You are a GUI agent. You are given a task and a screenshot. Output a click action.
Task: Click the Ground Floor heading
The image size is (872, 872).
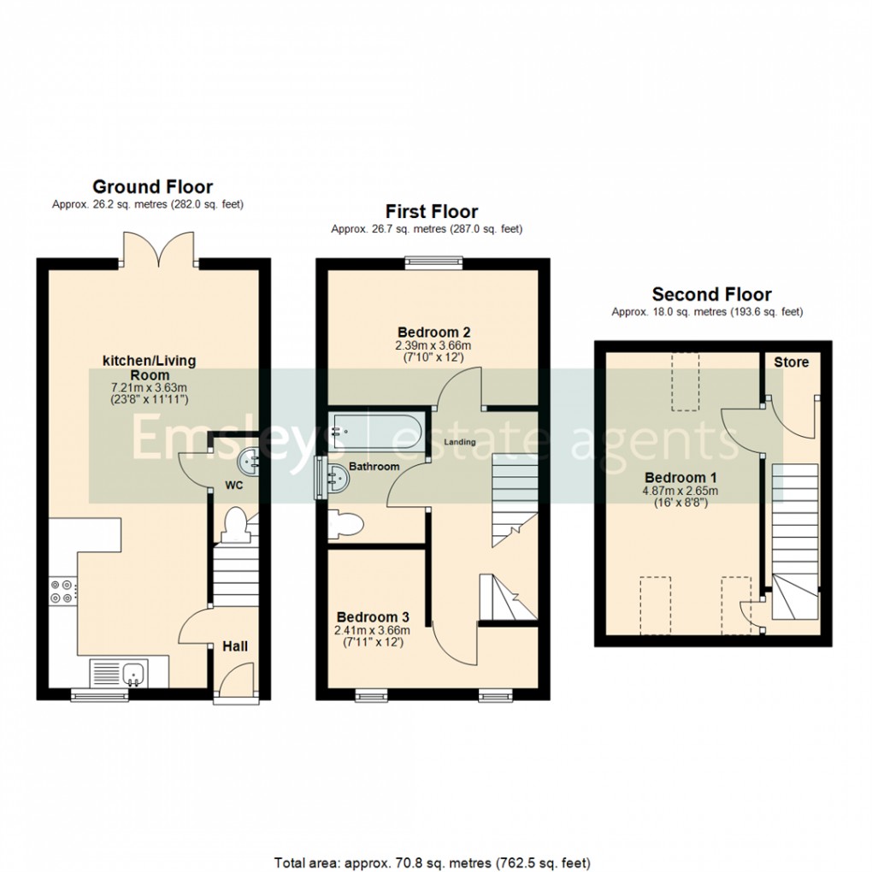click(x=152, y=186)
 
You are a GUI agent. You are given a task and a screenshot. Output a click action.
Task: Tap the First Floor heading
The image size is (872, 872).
click(x=431, y=211)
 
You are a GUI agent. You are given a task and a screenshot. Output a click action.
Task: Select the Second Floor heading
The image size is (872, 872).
click(x=711, y=294)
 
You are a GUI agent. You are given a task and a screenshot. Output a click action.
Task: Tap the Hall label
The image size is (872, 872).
click(x=235, y=645)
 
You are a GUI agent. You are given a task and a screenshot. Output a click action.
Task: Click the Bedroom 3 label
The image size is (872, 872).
click(x=373, y=616)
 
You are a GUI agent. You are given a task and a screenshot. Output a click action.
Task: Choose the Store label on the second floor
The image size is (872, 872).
click(x=791, y=362)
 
